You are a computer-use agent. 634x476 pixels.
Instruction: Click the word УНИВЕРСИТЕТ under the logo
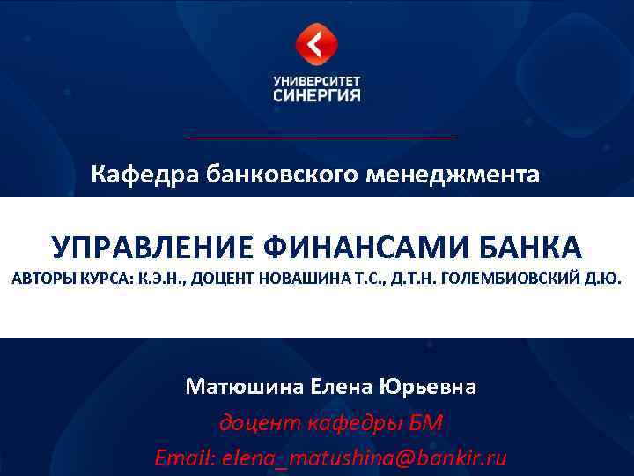pyautogui.click(x=317, y=79)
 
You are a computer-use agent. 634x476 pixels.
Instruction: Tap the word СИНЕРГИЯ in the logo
pyautogui.click(x=317, y=94)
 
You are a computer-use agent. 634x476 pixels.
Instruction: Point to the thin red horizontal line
pyautogui.click(x=321, y=138)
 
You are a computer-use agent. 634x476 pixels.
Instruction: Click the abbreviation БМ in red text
pyautogui.click(x=424, y=424)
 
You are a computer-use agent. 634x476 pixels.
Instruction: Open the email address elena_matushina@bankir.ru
pyautogui.click(x=365, y=458)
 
